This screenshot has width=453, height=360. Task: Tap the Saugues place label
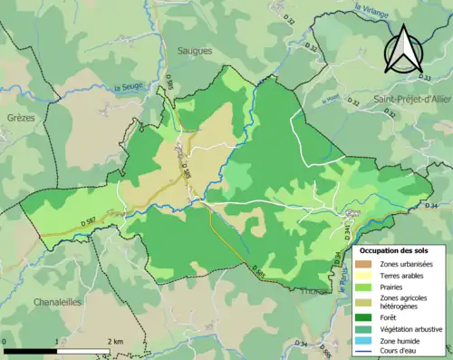point(195,52)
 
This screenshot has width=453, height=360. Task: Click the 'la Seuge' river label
point(129,87)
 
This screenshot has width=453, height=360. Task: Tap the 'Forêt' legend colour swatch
point(365,317)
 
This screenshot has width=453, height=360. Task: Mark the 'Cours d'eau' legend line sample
point(365,352)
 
